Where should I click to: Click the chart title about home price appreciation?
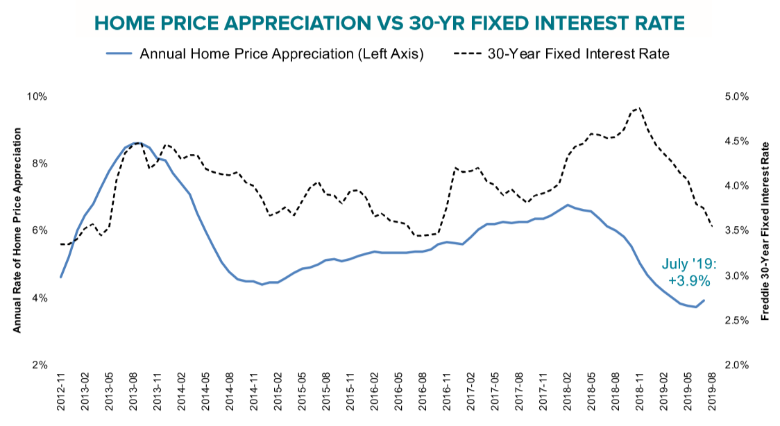tap(389, 23)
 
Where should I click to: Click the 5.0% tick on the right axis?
tap(737, 96)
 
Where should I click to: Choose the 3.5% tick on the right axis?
tap(737, 230)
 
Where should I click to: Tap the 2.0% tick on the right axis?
tap(737, 365)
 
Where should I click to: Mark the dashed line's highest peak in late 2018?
tap(638, 108)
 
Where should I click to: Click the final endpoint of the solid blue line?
tap(704, 300)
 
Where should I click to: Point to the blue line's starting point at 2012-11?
tap(61, 277)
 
